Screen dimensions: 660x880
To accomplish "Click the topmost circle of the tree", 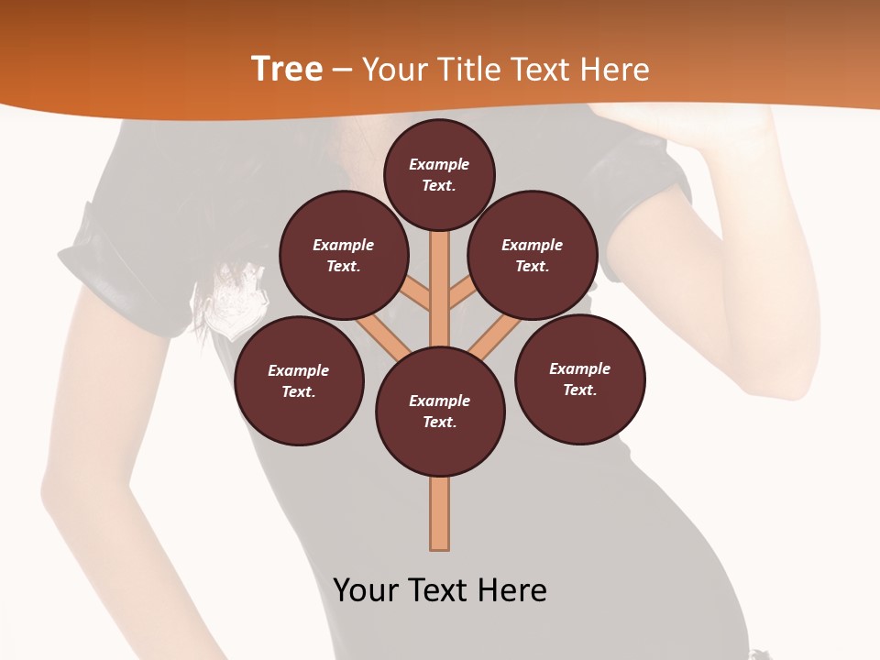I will (x=439, y=174).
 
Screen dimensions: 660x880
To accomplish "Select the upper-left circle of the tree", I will (x=344, y=256).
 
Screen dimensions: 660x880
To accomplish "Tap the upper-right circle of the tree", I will (x=533, y=256).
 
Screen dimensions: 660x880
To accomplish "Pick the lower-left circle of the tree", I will (x=299, y=381).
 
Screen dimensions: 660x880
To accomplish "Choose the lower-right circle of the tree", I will (x=580, y=379).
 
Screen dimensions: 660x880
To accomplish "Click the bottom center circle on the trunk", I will (x=440, y=412).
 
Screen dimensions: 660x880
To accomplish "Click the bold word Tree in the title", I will (x=287, y=69).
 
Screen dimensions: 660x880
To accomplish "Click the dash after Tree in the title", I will (x=342, y=71).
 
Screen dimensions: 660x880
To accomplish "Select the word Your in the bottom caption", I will (x=367, y=590).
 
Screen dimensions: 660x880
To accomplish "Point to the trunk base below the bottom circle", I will (x=440, y=518).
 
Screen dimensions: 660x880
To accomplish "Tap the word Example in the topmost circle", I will (x=439, y=164).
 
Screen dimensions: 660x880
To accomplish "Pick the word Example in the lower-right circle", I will (x=580, y=368).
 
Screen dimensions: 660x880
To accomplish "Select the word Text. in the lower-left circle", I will (x=299, y=392).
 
